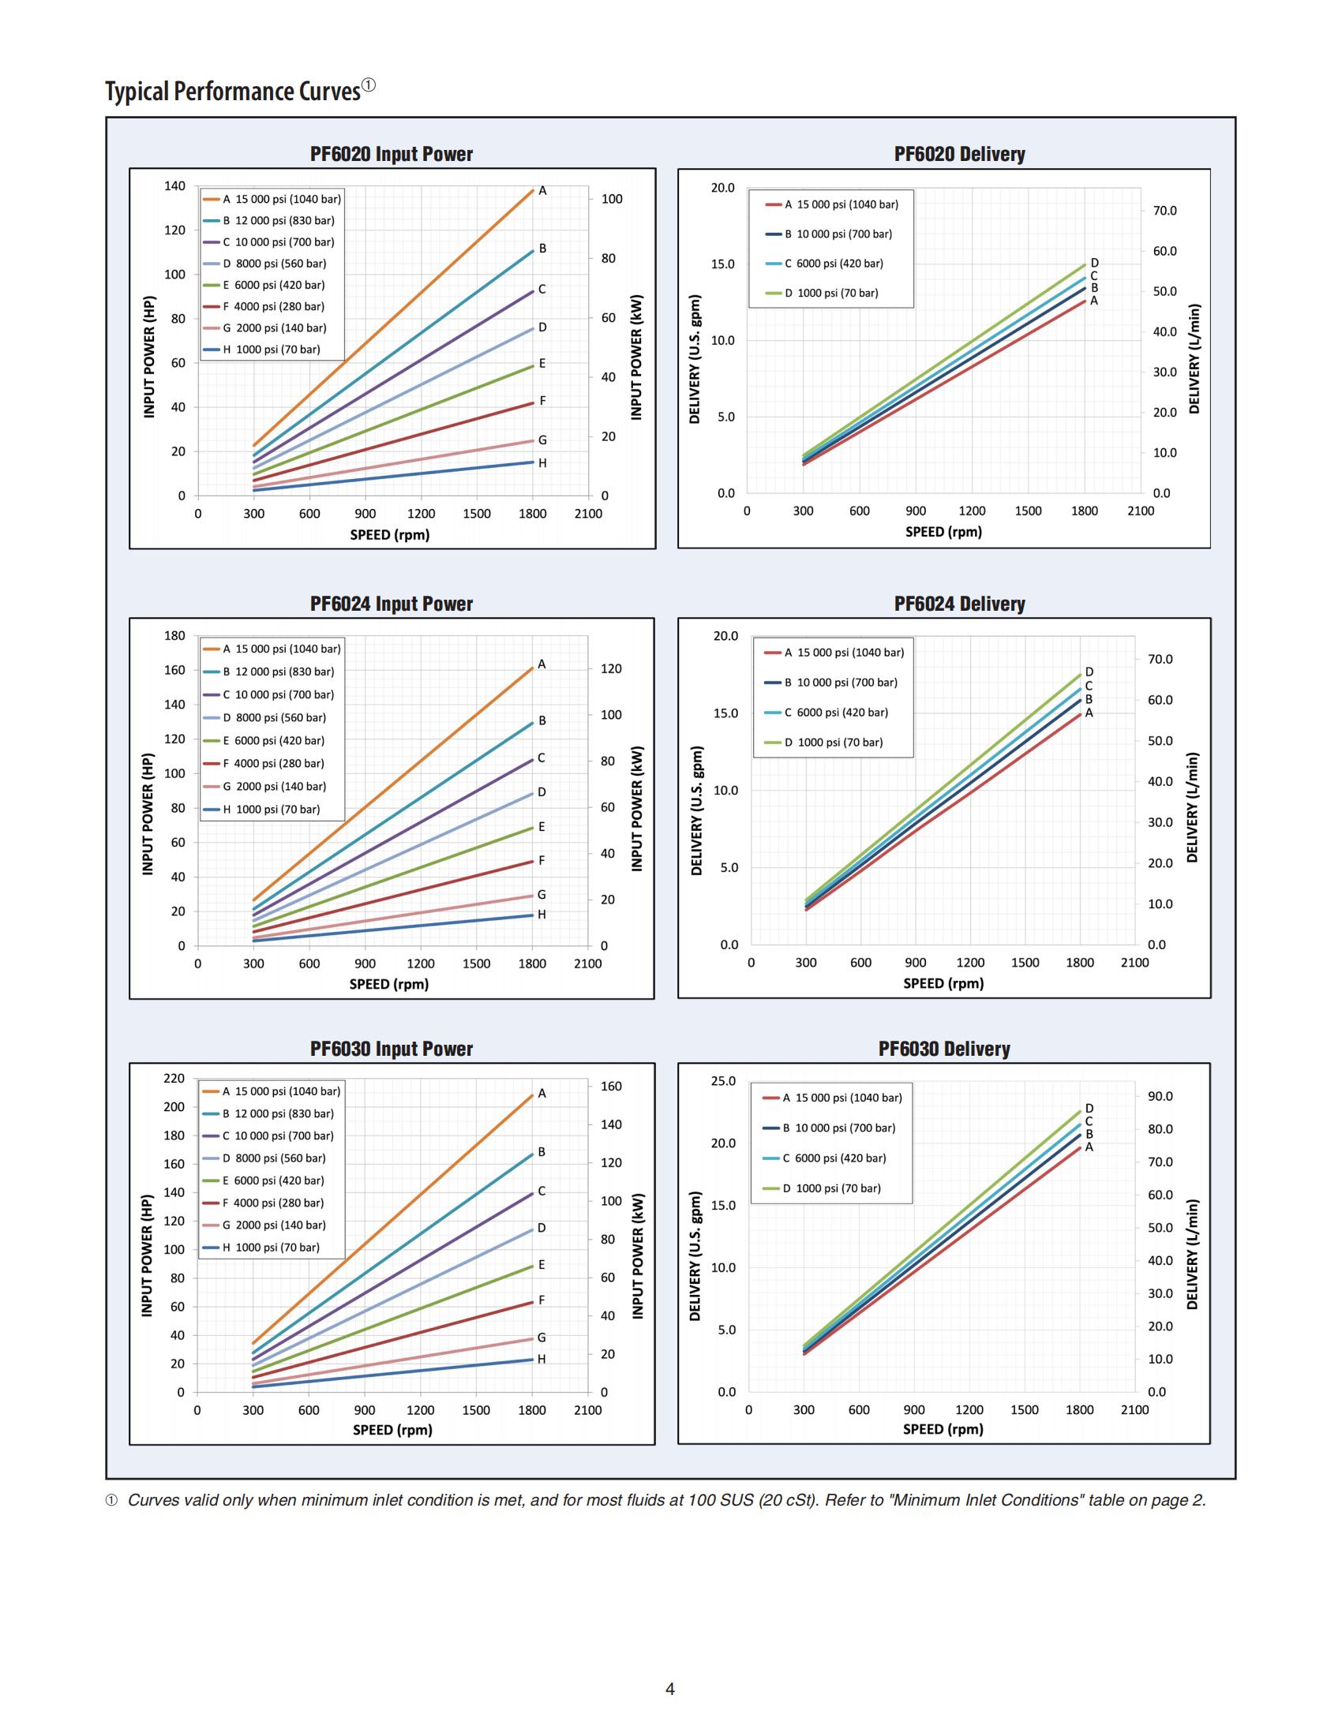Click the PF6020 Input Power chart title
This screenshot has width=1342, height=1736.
(x=391, y=154)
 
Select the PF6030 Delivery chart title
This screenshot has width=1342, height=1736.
(x=943, y=1049)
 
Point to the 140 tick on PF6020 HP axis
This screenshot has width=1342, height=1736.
(x=175, y=186)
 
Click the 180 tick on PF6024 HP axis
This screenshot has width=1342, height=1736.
(x=175, y=636)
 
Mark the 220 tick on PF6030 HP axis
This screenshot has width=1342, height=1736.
(x=174, y=1079)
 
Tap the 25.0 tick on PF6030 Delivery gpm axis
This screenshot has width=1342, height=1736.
(x=722, y=1081)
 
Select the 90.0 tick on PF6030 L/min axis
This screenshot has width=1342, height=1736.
(x=1160, y=1096)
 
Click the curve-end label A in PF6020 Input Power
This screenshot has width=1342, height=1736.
(x=542, y=191)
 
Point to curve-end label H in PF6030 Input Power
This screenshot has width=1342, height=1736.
(x=542, y=1360)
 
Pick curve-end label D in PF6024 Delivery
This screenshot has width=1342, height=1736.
(x=1089, y=672)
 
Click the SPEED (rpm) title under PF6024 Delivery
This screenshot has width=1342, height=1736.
(x=943, y=983)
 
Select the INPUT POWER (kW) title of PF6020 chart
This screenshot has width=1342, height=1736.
(x=636, y=357)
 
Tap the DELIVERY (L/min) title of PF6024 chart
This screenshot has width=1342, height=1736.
(x=1192, y=806)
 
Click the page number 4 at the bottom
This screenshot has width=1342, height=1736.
(x=670, y=1689)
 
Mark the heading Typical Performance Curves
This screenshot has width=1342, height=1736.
(x=233, y=92)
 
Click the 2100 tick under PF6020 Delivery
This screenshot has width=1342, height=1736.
(x=1140, y=511)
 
